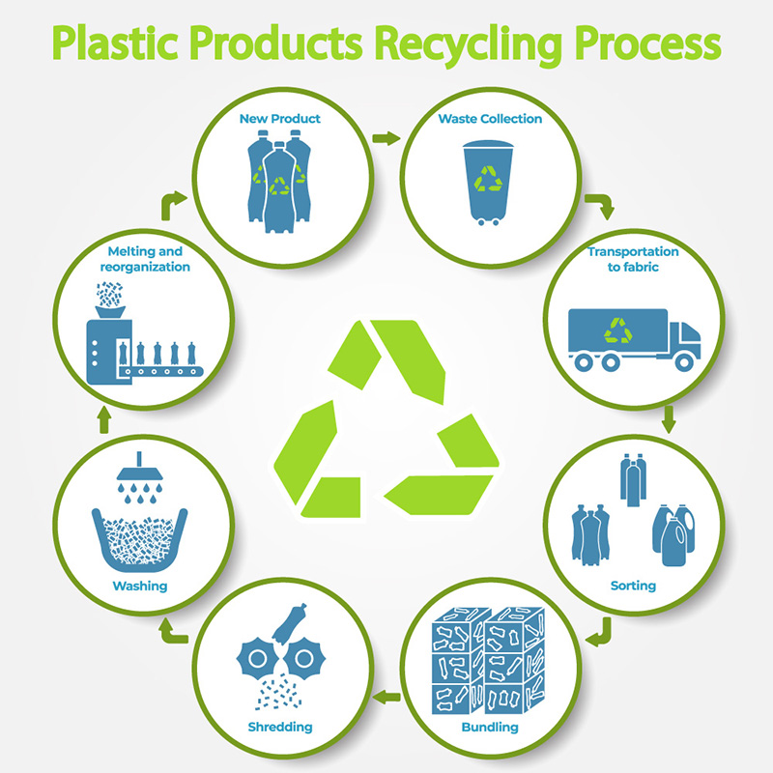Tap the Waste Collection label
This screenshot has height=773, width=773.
tap(489, 119)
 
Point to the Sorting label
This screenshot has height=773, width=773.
tap(633, 586)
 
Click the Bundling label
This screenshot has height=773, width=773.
tap(490, 727)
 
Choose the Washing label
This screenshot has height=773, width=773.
tap(139, 586)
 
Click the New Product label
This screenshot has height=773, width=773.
tap(280, 119)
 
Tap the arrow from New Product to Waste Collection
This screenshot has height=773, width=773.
tap(385, 139)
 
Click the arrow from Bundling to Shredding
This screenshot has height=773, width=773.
tap(386, 693)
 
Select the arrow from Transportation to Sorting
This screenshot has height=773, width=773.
tap(669, 418)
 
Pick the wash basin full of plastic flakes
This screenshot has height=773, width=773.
tap(139, 541)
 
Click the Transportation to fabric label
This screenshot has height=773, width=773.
tap(634, 259)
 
